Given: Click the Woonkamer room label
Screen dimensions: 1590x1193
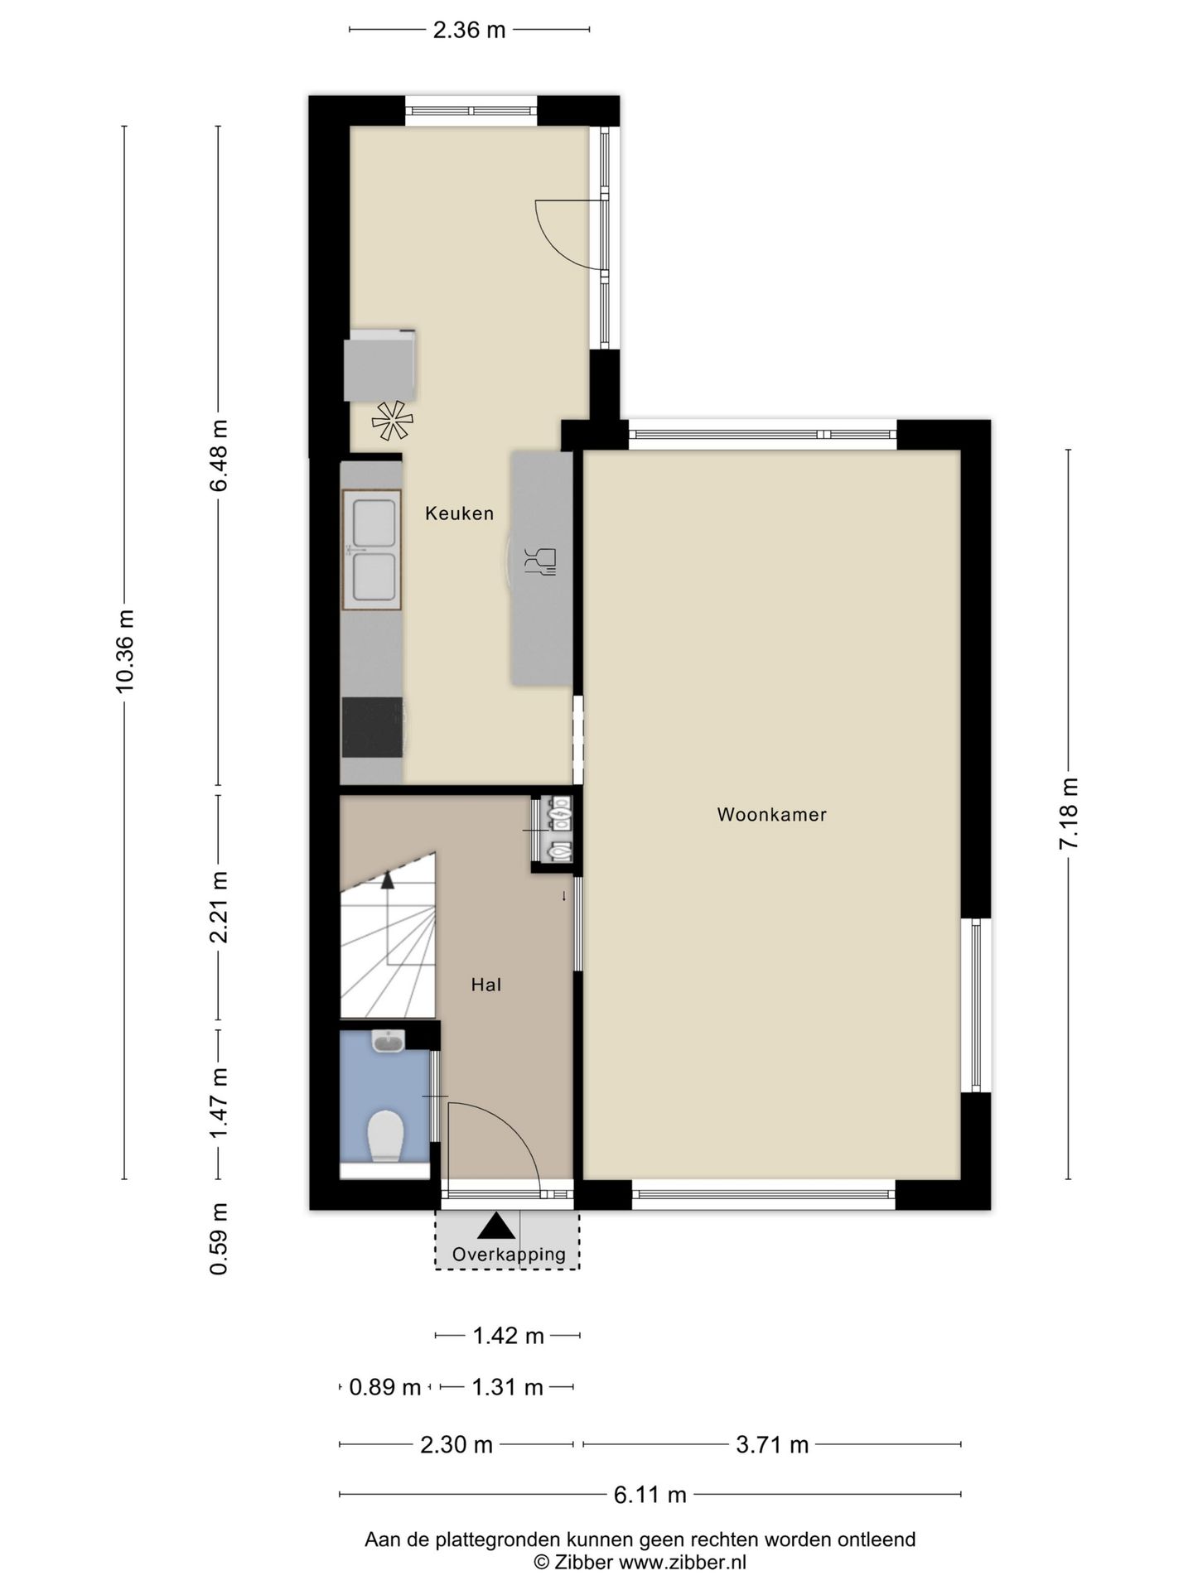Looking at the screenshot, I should (x=771, y=815).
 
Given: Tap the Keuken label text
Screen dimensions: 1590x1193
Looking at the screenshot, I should (x=459, y=513).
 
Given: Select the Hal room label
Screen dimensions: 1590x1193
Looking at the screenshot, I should (x=486, y=985).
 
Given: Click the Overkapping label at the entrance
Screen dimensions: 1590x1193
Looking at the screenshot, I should (x=509, y=1254).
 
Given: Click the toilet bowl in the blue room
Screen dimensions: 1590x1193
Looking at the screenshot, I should (x=385, y=1135).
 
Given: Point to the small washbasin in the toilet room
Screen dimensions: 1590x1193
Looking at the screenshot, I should (x=388, y=1042).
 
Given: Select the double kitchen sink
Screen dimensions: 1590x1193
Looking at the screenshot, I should (x=372, y=550).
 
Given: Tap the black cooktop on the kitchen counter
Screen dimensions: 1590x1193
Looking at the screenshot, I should (x=372, y=727).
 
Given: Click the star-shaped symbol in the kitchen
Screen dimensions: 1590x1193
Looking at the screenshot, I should (x=392, y=421).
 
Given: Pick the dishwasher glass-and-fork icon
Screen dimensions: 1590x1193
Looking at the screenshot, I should (x=541, y=561).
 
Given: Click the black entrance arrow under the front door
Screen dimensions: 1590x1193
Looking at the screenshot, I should (x=495, y=1226).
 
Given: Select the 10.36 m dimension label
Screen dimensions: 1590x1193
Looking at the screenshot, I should (x=125, y=651).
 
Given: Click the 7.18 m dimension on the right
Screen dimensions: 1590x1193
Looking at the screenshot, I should (x=1069, y=813).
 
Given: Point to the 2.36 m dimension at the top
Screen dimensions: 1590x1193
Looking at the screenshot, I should (x=469, y=31).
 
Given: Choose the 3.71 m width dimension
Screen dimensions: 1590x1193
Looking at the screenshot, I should (x=772, y=1445).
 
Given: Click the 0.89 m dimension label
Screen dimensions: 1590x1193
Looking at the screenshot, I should (x=384, y=1387).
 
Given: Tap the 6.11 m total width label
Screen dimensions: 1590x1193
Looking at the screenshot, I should (x=650, y=1495).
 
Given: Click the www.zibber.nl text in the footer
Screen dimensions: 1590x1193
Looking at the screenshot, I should (x=683, y=1563).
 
